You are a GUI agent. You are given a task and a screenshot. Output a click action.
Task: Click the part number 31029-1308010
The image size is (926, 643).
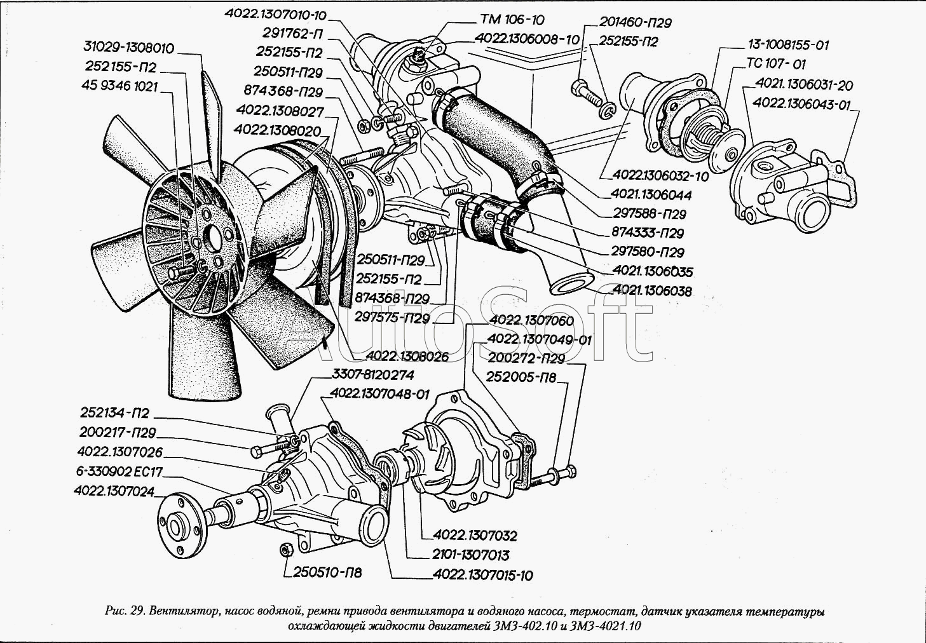click(129, 48)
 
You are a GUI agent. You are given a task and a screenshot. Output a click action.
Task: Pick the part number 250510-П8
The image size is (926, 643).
click(327, 572)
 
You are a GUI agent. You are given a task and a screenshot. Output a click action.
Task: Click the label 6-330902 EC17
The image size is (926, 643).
click(119, 471)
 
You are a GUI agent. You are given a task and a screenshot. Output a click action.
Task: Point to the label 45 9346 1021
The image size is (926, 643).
click(119, 86)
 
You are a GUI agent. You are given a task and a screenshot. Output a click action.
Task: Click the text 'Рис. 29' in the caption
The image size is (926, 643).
click(125, 612)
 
